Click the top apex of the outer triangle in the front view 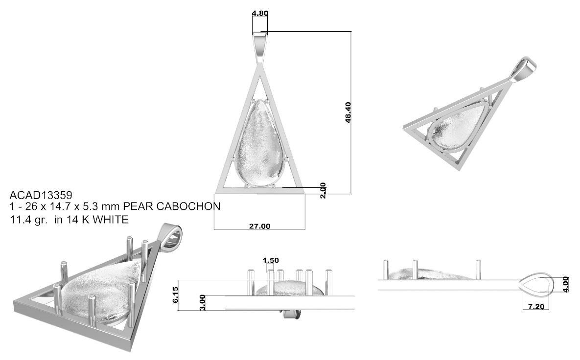(260, 66)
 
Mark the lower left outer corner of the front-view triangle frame (215, 193)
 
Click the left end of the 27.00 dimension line (214, 229)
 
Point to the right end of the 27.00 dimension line (305, 229)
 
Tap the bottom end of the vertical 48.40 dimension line (350, 193)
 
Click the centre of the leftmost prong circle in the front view (232, 159)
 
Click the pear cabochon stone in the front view (260, 142)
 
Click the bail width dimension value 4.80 (260, 13)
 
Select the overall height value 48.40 (348, 112)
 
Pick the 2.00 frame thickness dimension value (323, 190)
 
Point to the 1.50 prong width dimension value (271, 261)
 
